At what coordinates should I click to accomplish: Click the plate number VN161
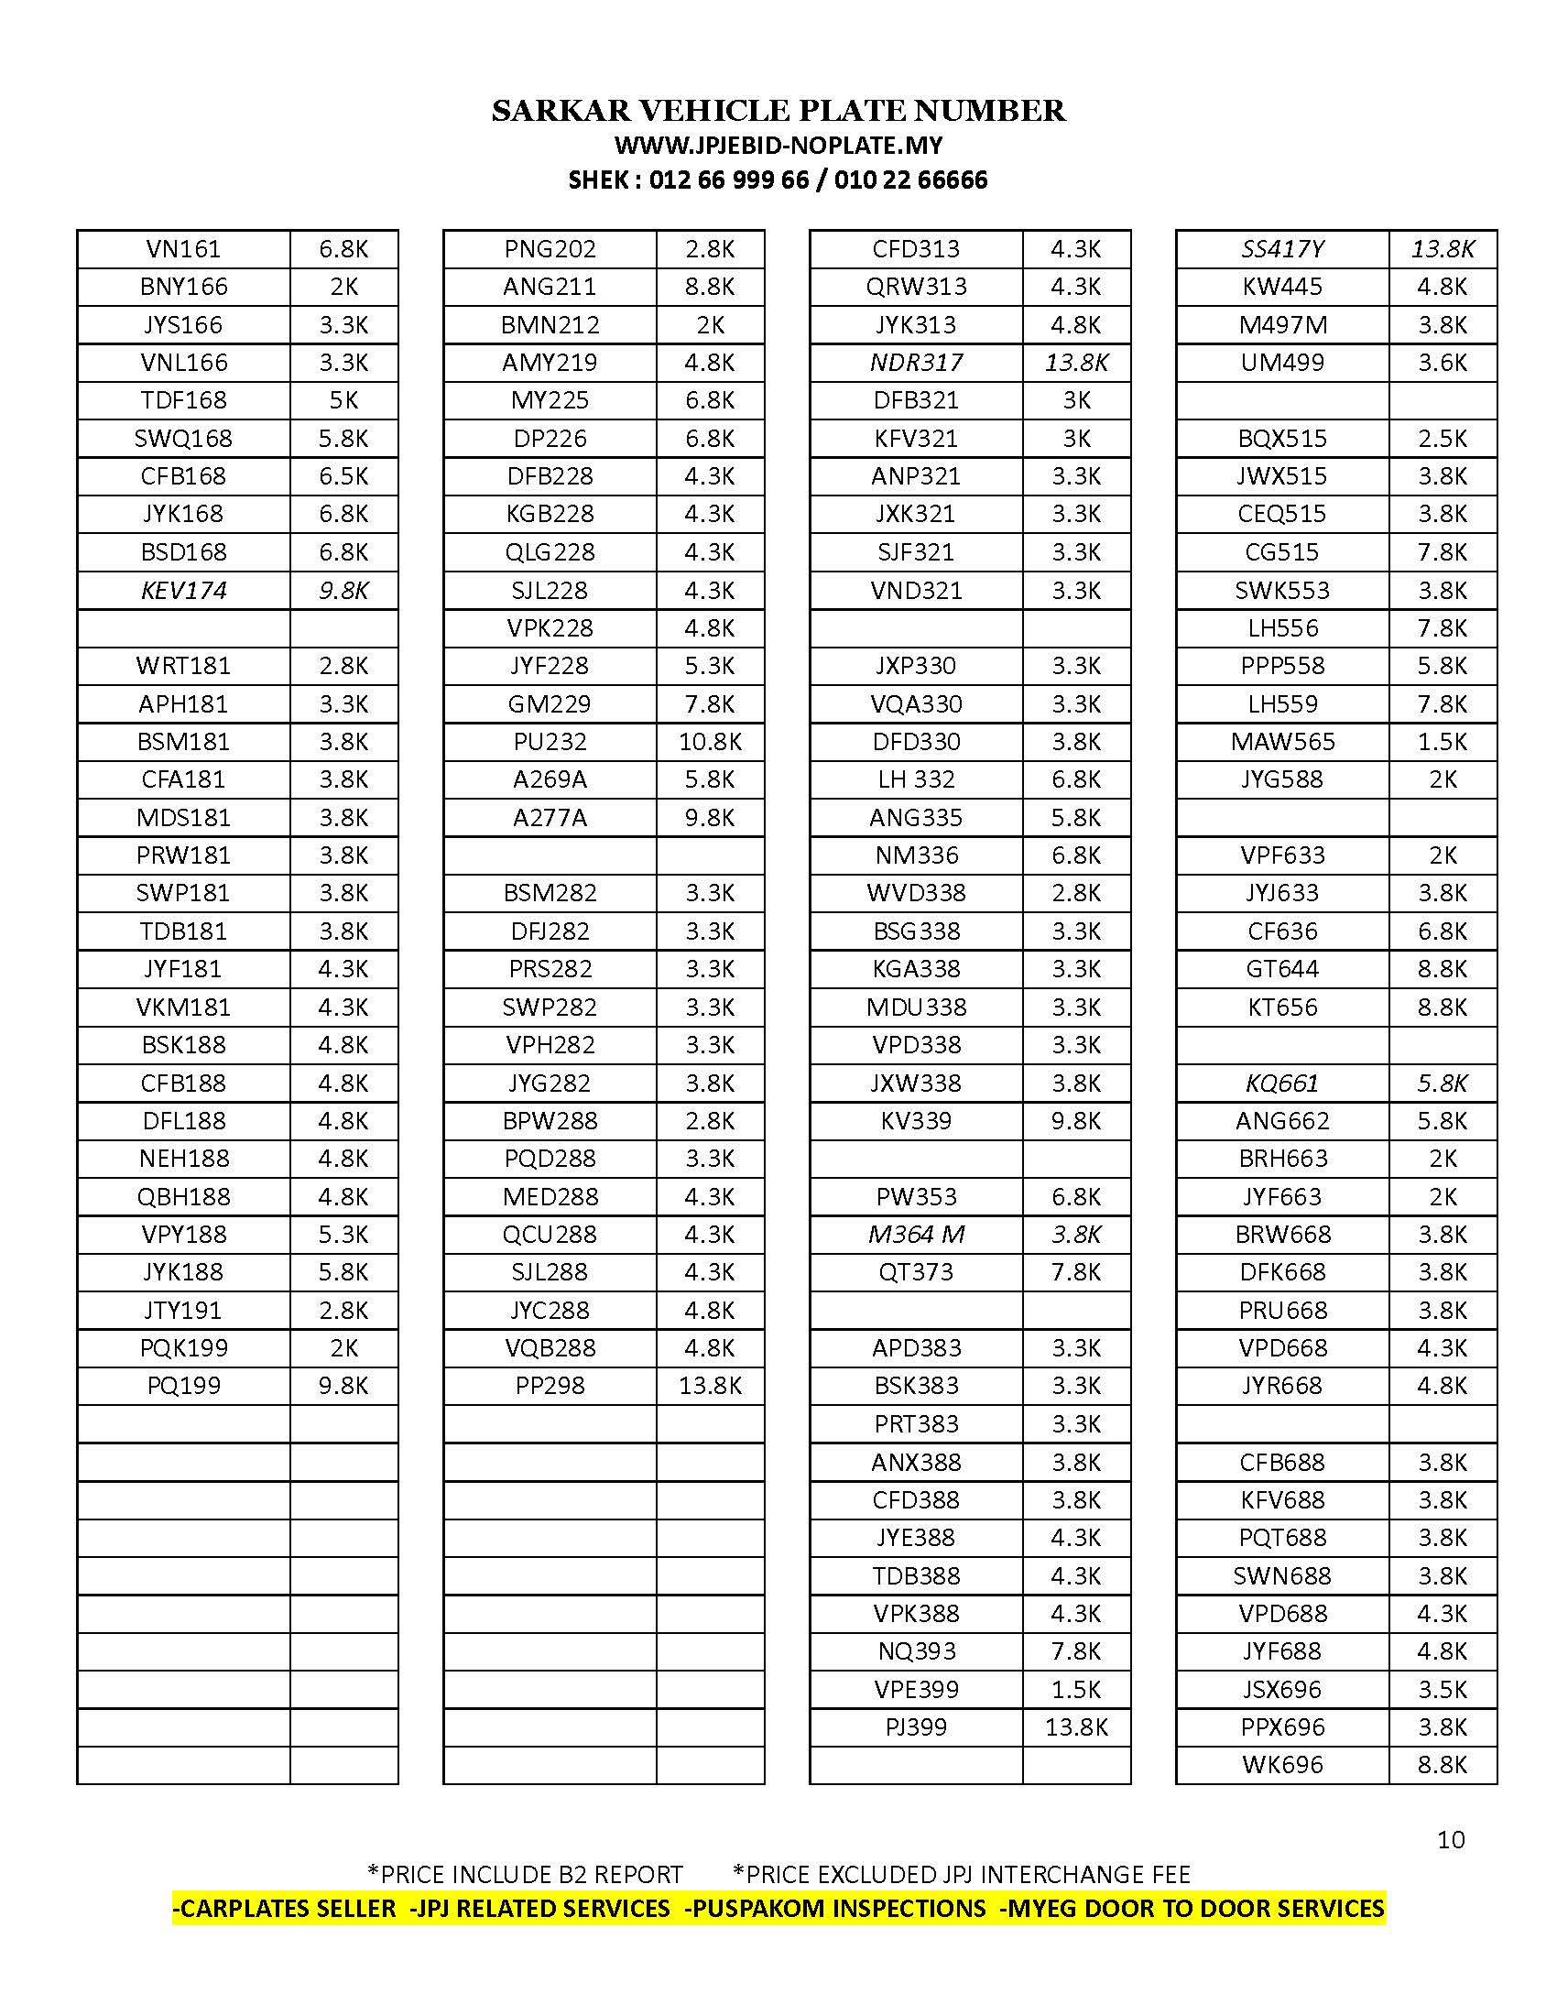182,249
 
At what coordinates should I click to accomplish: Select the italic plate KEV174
182,591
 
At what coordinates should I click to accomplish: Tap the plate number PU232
550,742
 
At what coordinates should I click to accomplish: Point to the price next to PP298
709,1386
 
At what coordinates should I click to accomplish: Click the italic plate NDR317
916,363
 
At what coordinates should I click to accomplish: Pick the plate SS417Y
1282,249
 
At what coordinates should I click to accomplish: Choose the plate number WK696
1282,1765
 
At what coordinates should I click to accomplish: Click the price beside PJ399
1075,1727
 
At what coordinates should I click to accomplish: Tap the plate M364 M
916,1235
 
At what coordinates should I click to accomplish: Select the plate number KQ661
1282,1084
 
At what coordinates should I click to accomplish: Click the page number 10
1450,1841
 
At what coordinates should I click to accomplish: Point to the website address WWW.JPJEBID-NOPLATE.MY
778,145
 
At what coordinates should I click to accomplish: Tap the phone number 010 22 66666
910,180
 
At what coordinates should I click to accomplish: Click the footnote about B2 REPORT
525,1875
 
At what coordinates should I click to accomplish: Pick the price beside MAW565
1442,742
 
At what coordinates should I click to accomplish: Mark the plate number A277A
550,817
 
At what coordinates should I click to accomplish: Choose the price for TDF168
343,400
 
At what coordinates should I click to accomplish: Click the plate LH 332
916,779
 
